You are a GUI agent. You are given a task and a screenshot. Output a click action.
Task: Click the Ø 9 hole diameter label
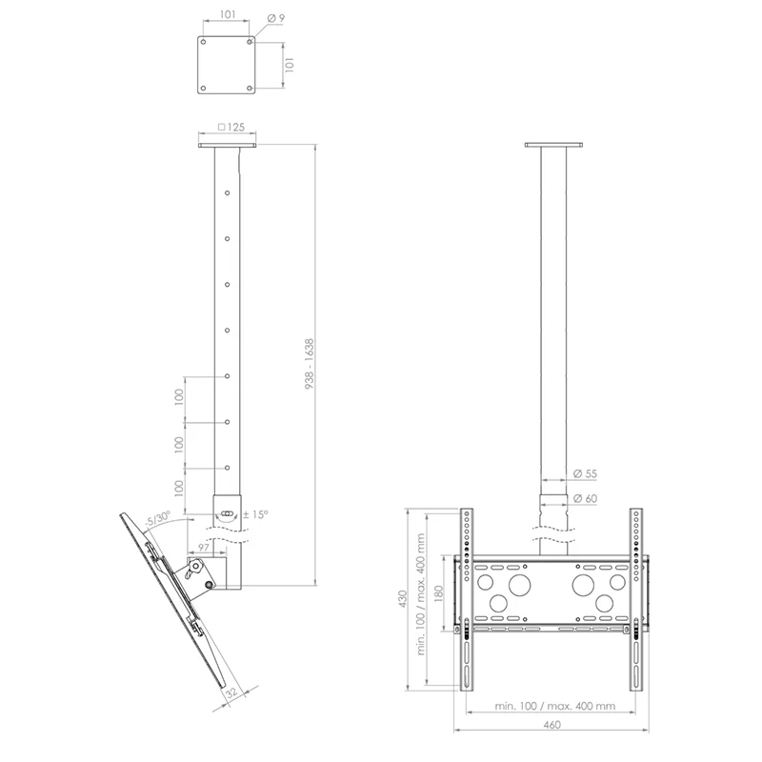coord(275,18)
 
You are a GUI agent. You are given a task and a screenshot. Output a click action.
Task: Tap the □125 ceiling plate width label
coord(231,128)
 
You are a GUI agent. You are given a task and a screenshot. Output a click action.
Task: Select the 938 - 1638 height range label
coord(310,364)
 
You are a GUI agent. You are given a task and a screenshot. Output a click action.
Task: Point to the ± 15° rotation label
coord(256,514)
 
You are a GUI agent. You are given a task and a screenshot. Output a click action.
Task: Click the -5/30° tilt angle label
coord(158,518)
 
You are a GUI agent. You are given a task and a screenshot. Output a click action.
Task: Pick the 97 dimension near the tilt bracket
coord(203,547)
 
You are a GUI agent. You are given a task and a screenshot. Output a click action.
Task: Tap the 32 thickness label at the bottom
coord(231,692)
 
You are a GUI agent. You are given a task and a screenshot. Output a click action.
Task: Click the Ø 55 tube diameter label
coord(585,473)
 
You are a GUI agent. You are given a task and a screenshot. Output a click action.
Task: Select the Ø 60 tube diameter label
coord(585,498)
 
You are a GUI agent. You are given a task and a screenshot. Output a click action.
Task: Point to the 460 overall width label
coord(552,725)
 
